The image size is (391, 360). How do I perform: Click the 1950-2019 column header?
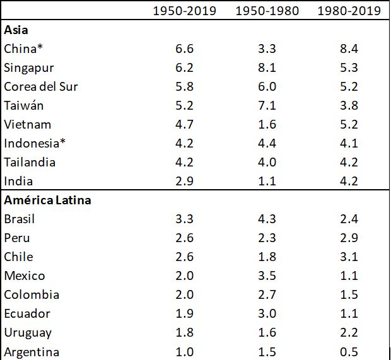click(185, 11)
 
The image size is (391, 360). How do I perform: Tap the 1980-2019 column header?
click(349, 11)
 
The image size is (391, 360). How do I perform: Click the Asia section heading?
click(16, 30)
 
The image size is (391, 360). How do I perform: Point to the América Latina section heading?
click(47, 200)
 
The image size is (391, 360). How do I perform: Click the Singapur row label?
click(28, 67)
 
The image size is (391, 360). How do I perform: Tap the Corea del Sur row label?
click(41, 86)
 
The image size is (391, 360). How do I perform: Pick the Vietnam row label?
click(27, 124)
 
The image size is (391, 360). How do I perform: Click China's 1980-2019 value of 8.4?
click(349, 49)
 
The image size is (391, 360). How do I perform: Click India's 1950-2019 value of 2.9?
click(185, 181)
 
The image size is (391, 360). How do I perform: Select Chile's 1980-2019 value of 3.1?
click(349, 257)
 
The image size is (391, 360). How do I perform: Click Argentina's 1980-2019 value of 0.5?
click(349, 351)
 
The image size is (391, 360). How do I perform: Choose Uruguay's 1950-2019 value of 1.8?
click(185, 332)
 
